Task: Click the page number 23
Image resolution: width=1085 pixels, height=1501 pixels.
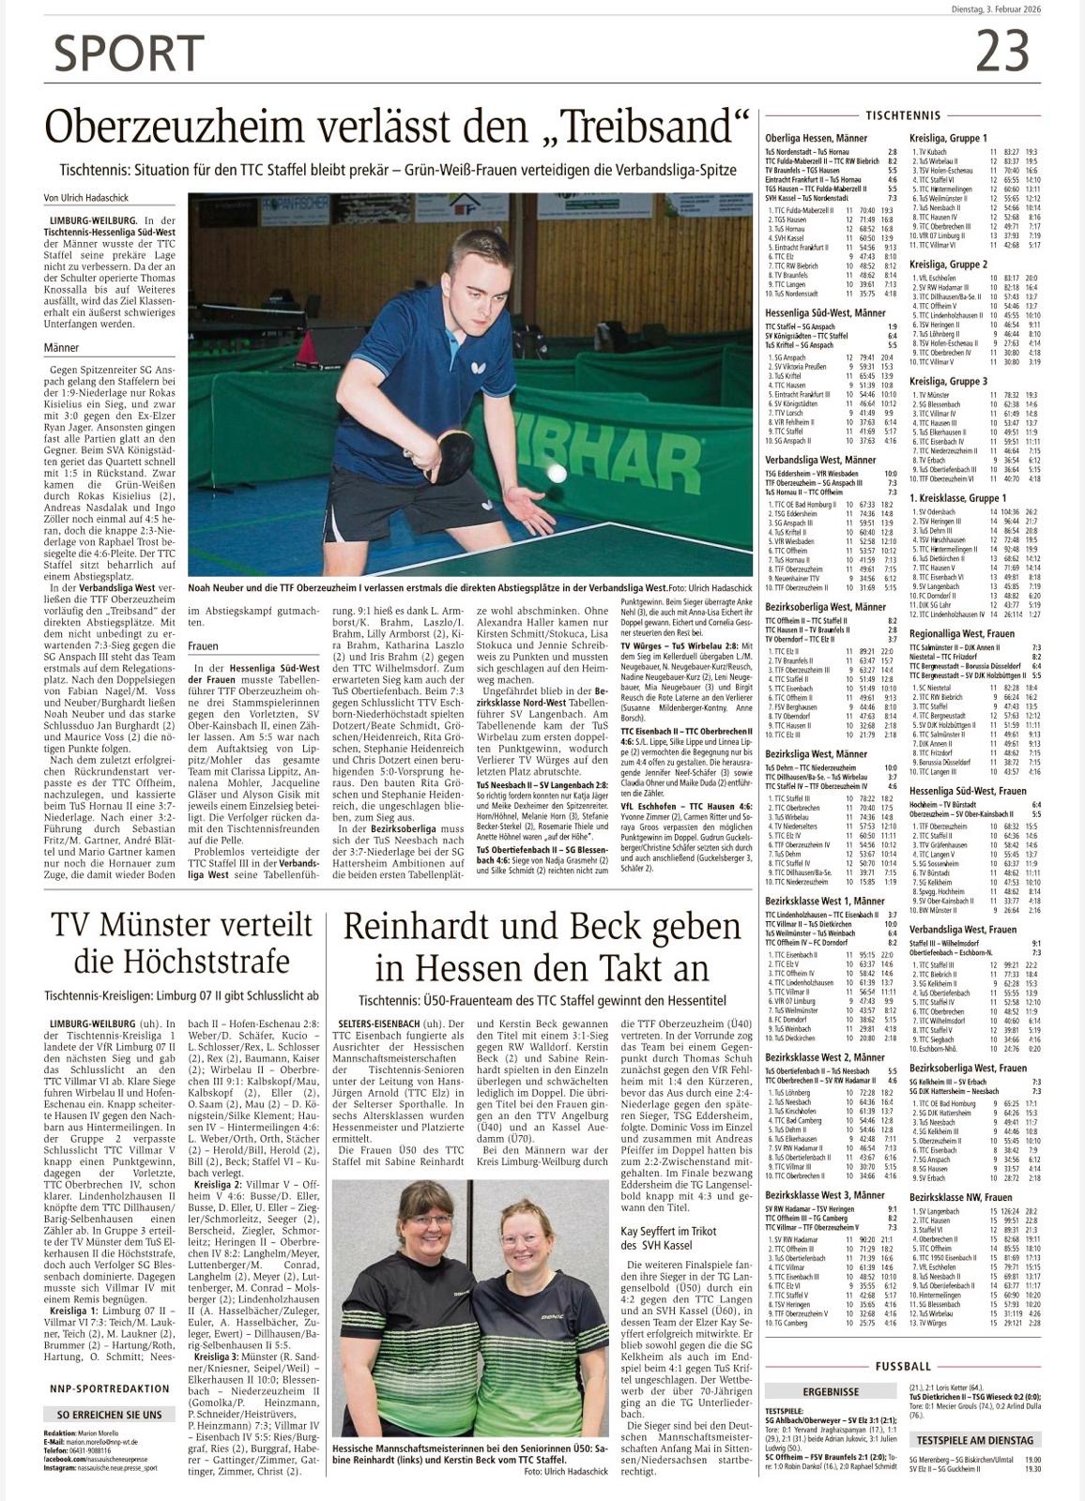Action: (x=1002, y=51)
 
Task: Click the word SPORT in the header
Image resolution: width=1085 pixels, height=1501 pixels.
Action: (x=129, y=53)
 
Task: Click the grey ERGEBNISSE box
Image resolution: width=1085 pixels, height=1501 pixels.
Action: (x=831, y=1391)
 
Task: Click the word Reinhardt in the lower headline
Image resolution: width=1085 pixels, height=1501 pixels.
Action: (x=430, y=927)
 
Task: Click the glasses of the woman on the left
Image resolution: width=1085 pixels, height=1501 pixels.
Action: (x=432, y=1220)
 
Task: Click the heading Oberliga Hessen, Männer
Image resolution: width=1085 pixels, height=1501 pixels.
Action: (x=816, y=138)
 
